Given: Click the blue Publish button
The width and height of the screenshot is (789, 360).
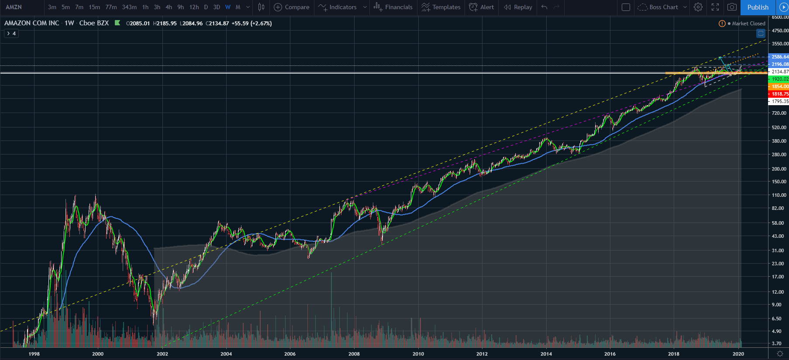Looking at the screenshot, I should pyautogui.click(x=758, y=7).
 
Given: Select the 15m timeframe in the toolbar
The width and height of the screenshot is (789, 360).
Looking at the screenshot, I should pyautogui.click(x=94, y=7).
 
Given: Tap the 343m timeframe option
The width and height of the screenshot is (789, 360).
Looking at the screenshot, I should pyautogui.click(x=129, y=7).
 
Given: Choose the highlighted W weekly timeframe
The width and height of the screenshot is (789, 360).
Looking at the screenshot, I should pyautogui.click(x=227, y=7).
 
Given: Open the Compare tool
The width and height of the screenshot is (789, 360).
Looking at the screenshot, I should pyautogui.click(x=292, y=7).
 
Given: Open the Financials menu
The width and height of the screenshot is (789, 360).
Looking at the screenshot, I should pyautogui.click(x=393, y=7).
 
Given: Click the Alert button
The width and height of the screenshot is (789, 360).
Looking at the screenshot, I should pyautogui.click(x=482, y=7).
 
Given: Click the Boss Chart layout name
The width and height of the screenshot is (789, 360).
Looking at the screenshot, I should pyautogui.click(x=663, y=7).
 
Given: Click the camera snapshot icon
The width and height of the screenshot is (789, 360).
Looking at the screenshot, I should pyautogui.click(x=732, y=7).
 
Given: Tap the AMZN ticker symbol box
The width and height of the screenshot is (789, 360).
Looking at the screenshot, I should pyautogui.click(x=14, y=7).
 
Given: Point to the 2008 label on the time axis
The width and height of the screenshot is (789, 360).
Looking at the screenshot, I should pyautogui.click(x=354, y=354).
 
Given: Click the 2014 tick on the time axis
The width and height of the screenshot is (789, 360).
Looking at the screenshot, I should pyautogui.click(x=546, y=354).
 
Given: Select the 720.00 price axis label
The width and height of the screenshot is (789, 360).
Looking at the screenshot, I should pyautogui.click(x=779, y=113).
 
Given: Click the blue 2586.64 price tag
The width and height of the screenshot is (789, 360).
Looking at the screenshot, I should pyautogui.click(x=779, y=57).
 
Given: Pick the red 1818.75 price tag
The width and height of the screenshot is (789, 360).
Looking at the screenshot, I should pyautogui.click(x=779, y=94).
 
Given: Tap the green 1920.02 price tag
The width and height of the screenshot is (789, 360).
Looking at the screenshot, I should pyautogui.click(x=779, y=79).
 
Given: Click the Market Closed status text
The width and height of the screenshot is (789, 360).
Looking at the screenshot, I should pyautogui.click(x=748, y=24).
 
